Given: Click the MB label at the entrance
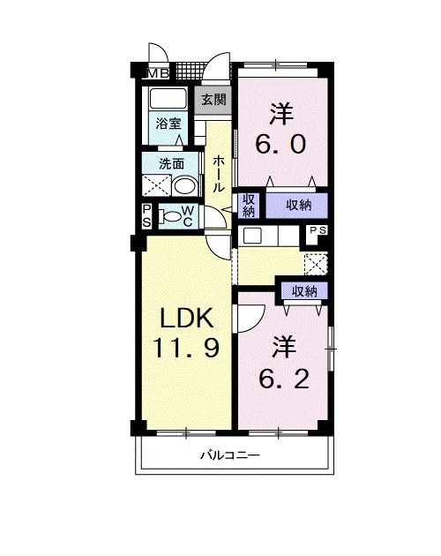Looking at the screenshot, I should (159, 72).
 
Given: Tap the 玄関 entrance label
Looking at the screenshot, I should (212, 98).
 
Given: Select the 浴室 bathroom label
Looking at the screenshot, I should (169, 124).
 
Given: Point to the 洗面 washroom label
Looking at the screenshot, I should (171, 163).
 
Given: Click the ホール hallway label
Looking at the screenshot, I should (218, 172).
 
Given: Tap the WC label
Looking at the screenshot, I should (188, 216).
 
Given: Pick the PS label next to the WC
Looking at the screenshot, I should (146, 214).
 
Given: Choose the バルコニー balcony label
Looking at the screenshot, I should (228, 456).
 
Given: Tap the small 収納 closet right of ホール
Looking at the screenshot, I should (249, 205).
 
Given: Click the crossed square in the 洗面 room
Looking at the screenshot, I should (157, 184).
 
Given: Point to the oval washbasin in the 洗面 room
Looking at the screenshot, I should (184, 186).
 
